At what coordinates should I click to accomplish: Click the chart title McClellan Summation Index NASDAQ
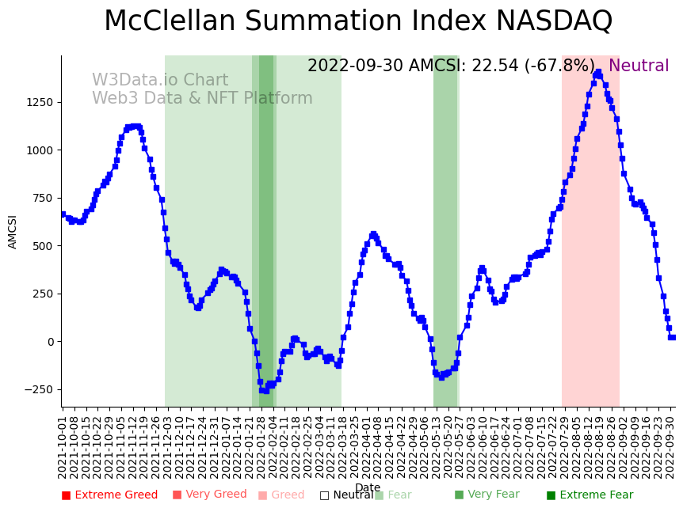click(x=358, y=21)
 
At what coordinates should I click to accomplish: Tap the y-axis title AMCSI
click(x=13, y=232)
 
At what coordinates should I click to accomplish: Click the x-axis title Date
click(x=368, y=488)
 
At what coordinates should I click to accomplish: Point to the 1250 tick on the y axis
click(x=40, y=102)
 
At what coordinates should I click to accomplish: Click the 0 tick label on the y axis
click(x=50, y=342)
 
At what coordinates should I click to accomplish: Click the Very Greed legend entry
click(x=210, y=495)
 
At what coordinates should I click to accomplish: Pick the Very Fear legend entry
click(x=486, y=495)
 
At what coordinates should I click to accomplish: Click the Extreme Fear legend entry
click(x=590, y=495)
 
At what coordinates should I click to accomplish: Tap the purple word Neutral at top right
click(x=639, y=66)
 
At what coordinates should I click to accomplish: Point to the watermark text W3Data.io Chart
click(x=160, y=81)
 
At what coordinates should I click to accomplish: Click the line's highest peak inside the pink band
click(x=597, y=73)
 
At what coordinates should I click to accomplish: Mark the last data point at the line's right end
click(x=673, y=337)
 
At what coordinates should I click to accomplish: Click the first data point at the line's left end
click(x=63, y=214)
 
